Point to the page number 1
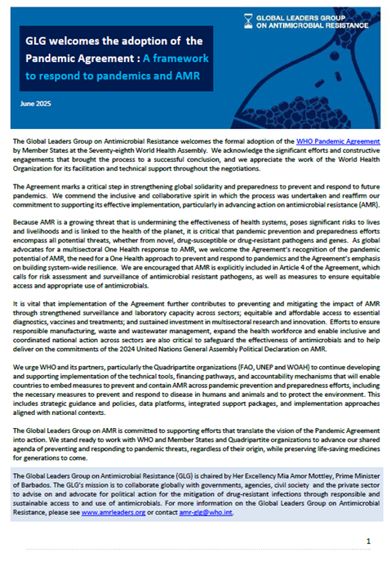click(x=368, y=542)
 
